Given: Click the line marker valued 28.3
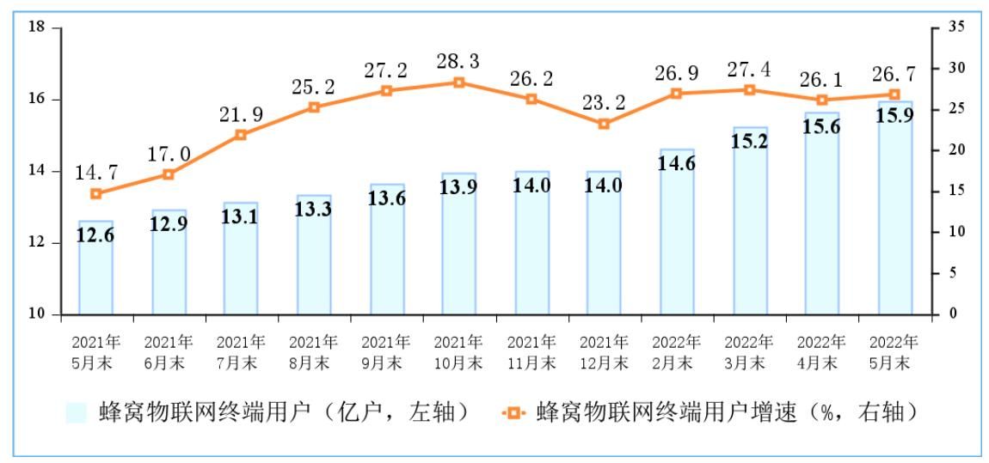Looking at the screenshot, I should coord(458,82).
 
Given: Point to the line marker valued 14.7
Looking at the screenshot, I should coord(95,193).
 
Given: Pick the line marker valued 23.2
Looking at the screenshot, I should coord(604,124).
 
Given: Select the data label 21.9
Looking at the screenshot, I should coord(241,113).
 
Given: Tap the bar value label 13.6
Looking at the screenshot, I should coord(386,197).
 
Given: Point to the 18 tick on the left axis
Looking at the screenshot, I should coord(36,27).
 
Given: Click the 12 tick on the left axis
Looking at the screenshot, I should coord(36,243).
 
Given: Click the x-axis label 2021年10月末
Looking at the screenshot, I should coord(458,352).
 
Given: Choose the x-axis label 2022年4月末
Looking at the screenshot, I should coord(822,352).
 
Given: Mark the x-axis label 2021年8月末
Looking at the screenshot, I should coord(314,352).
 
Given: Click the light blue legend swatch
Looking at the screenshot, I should coord(77,412).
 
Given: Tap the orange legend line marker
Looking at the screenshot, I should coord(513,412).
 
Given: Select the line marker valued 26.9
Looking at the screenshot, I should coord(677,93).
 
